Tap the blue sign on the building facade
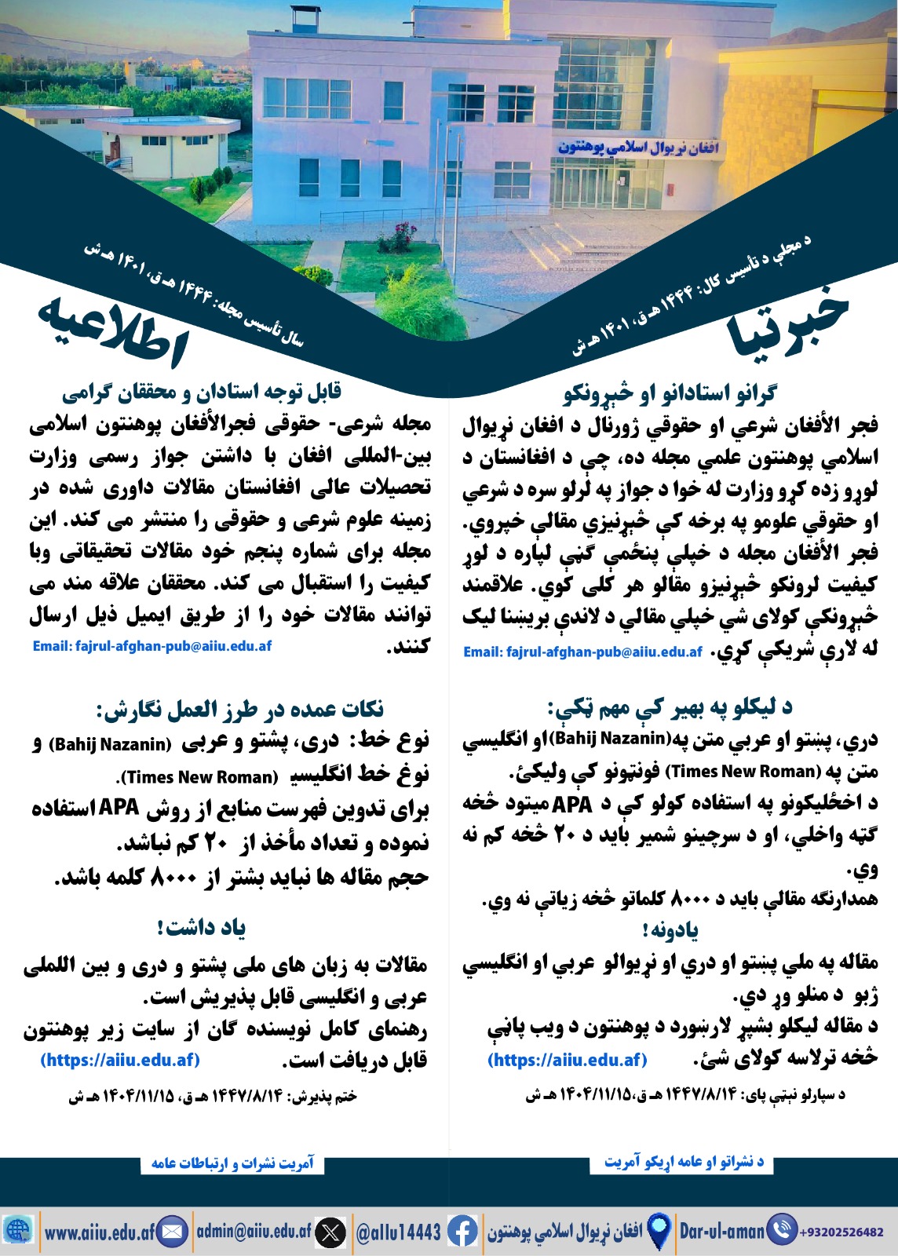click(x=638, y=147)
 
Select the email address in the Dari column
click(x=152, y=646)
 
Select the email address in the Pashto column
click(x=582, y=652)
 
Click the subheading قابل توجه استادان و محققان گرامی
click(x=202, y=392)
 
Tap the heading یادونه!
click(x=670, y=931)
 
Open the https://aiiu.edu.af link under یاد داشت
click(x=120, y=1060)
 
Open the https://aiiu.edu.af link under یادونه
click(x=568, y=1060)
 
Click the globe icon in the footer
click(x=18, y=1230)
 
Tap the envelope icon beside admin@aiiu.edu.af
click(x=173, y=1231)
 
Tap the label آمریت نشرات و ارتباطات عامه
click(x=232, y=1163)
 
